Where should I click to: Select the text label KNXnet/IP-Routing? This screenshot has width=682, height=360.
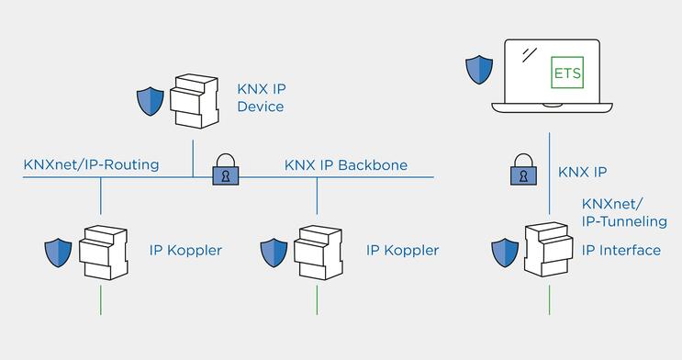[91, 165]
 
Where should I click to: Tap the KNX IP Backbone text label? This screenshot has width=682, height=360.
[346, 165]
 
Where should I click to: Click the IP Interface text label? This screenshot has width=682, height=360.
[621, 251]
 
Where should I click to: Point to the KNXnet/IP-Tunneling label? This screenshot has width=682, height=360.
[624, 212]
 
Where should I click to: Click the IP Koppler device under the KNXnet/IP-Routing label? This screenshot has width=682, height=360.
[102, 250]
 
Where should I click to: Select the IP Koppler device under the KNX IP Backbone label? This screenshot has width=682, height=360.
[318, 250]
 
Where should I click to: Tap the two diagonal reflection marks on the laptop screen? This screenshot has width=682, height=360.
[528, 54]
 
